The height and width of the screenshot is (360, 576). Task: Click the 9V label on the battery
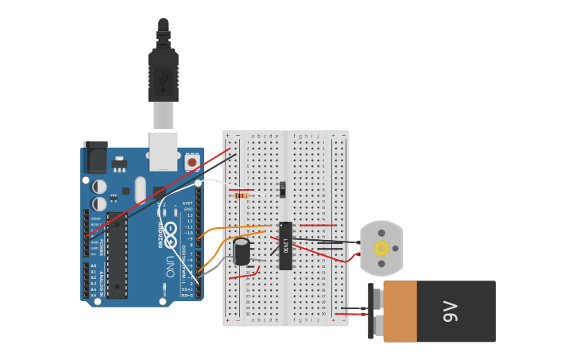point(450,311)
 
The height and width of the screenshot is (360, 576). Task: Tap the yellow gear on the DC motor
point(381,249)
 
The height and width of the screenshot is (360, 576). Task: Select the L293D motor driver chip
point(285,246)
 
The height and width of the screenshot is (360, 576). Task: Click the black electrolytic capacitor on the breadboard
point(242,251)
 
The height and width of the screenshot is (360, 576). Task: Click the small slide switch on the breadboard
point(282,189)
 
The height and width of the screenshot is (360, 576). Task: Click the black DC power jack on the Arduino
point(95,157)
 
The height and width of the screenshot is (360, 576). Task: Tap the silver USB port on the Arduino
point(164,151)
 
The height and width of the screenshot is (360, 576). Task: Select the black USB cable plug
point(163,75)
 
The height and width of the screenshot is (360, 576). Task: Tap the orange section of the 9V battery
point(400,312)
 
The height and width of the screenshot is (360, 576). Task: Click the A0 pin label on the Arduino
point(93,266)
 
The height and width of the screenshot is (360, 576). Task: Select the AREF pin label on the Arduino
point(188,203)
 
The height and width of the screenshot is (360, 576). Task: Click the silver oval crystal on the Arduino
point(141,190)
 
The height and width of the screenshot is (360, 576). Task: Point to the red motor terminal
point(358,255)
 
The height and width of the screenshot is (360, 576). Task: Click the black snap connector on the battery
point(371,311)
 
